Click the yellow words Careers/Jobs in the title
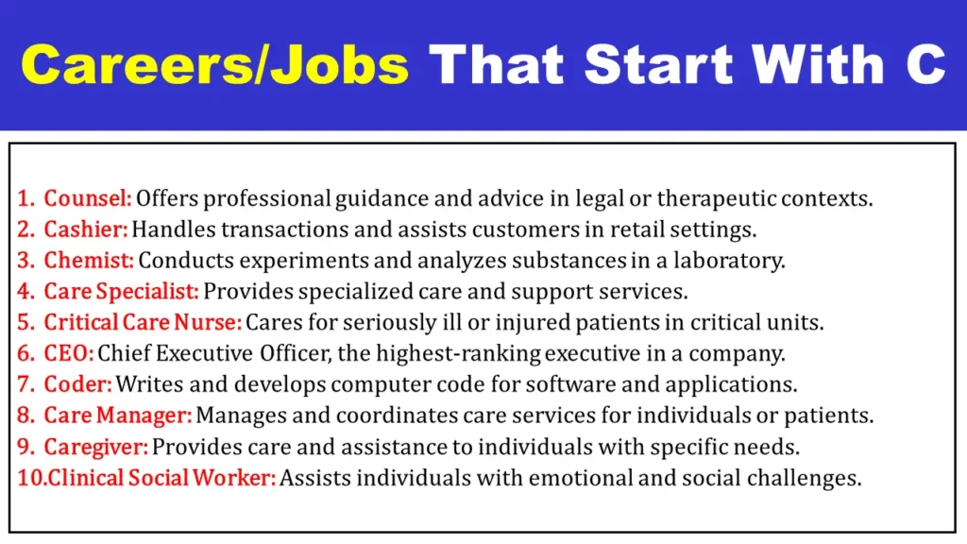click(x=214, y=64)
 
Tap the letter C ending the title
click(x=925, y=64)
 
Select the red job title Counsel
click(x=88, y=198)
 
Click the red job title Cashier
click(x=86, y=229)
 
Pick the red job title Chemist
click(x=89, y=261)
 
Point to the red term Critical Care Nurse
click(x=144, y=323)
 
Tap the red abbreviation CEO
click(x=68, y=353)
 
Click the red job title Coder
click(x=78, y=384)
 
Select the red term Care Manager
click(x=118, y=416)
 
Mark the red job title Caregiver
click(x=96, y=447)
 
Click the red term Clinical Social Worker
click(x=162, y=478)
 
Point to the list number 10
click(x=31, y=478)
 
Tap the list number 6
click(x=25, y=353)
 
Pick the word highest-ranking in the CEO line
click(x=458, y=354)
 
